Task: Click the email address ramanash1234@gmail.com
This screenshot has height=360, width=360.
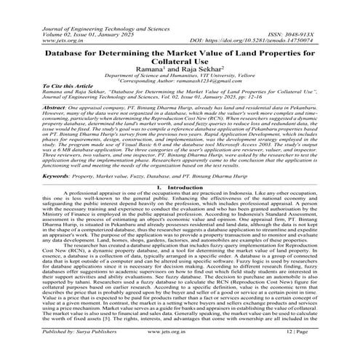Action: point(211,87)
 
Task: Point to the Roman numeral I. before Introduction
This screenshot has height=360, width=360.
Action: point(159,187)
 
